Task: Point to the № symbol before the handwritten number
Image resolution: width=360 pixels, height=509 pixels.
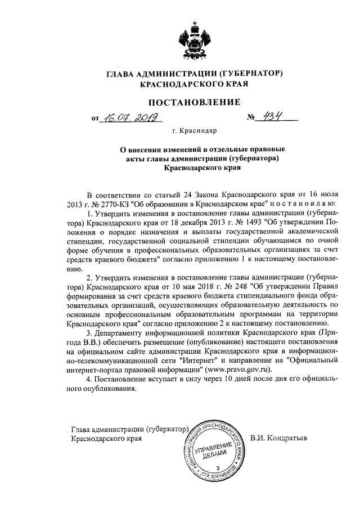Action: [x=251, y=119]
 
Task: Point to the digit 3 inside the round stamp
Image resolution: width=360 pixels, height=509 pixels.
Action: [x=217, y=469]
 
